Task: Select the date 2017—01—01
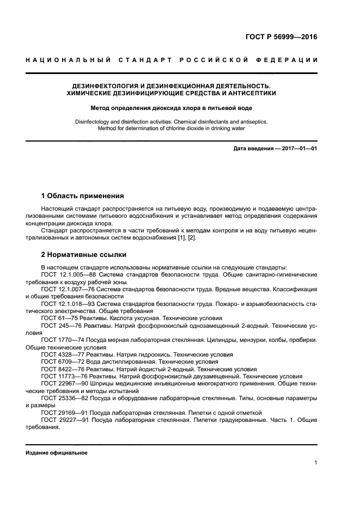(298, 149)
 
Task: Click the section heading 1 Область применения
(83, 196)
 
